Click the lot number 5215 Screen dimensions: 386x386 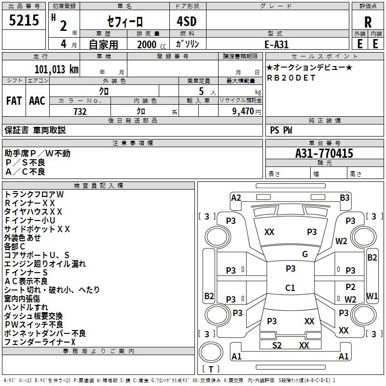click(x=24, y=21)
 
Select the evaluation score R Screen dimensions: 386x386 click(x=368, y=22)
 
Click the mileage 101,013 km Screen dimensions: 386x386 click(x=56, y=69)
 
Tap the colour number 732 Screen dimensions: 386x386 click(x=80, y=111)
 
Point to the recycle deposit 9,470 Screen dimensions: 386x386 click(x=243, y=111)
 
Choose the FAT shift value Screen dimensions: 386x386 click(x=14, y=101)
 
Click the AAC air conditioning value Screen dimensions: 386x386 click(x=37, y=101)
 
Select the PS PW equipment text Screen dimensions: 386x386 click(x=281, y=130)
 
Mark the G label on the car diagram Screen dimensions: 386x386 click(x=305, y=254)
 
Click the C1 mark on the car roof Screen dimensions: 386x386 click(x=290, y=288)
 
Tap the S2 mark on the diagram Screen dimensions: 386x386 click(x=277, y=345)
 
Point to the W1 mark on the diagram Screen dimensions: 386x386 click(x=372, y=295)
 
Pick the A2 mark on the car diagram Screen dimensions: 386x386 click(x=236, y=197)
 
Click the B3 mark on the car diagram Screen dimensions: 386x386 click(x=345, y=197)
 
